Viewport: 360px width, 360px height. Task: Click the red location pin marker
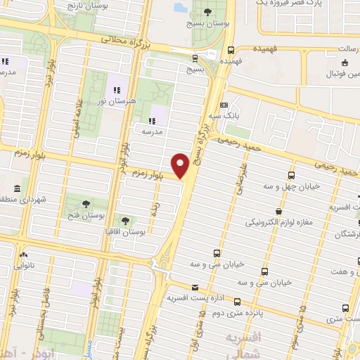pyautogui.click(x=181, y=165)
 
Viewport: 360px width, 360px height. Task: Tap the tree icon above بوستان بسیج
pyautogui.click(x=207, y=12)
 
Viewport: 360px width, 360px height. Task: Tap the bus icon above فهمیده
pyautogui.click(x=231, y=49)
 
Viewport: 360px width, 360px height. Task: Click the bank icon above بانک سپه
pyautogui.click(x=224, y=104)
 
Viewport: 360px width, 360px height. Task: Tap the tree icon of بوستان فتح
pyautogui.click(x=85, y=203)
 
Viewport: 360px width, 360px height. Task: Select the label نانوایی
pyautogui.click(x=25, y=266)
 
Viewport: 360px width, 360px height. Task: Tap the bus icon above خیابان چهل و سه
pyautogui.click(x=292, y=175)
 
